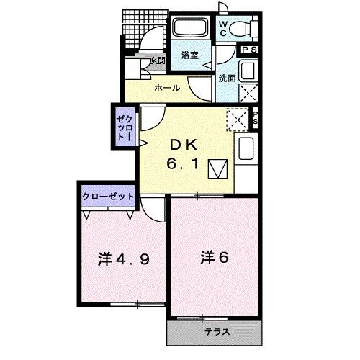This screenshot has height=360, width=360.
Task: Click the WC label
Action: pyautogui.click(x=223, y=29)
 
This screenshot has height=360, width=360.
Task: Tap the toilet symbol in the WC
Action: pyautogui.click(x=243, y=29)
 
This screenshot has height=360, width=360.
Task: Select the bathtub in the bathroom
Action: pyautogui.click(x=191, y=27)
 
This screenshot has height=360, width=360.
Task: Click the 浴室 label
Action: pyautogui.click(x=190, y=55)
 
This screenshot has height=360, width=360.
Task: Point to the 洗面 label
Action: pyautogui.click(x=227, y=78)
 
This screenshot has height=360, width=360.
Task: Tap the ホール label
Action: pyautogui.click(x=167, y=88)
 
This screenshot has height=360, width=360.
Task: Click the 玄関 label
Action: pyautogui.click(x=158, y=60)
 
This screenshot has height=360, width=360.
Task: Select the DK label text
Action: pyautogui.click(x=184, y=145)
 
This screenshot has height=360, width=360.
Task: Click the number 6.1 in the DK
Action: pyautogui.click(x=183, y=164)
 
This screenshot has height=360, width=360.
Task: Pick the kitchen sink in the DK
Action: pyautogui.click(x=246, y=148)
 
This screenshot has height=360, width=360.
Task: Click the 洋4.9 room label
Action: pyautogui.click(x=124, y=259)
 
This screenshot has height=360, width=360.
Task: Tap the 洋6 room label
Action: pyautogui.click(x=215, y=257)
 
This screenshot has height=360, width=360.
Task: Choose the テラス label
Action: pyautogui.click(x=217, y=332)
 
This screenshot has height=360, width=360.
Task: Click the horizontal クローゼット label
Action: pyautogui.click(x=108, y=197)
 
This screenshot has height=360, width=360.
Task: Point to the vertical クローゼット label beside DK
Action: pyautogui.click(x=125, y=127)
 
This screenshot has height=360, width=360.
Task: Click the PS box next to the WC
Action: pyautogui.click(x=249, y=50)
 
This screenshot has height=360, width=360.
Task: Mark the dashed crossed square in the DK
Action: pyautogui.click(x=238, y=120)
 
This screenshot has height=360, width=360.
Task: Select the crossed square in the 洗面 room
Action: pyautogui.click(x=248, y=93)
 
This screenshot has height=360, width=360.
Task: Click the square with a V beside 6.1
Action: pyautogui.click(x=217, y=169)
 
